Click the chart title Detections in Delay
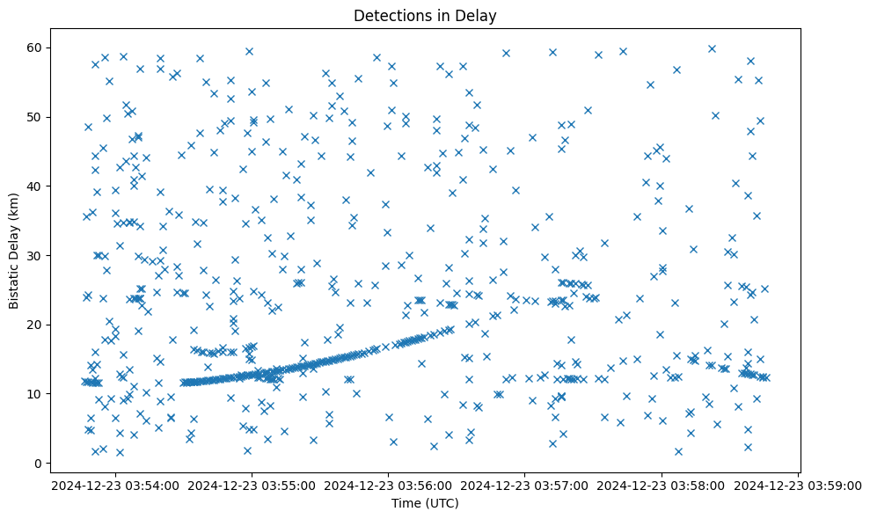point(435,15)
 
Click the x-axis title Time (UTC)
point(425,504)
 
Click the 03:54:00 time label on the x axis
point(115,485)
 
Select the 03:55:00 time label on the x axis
point(252,485)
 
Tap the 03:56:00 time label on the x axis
point(389,485)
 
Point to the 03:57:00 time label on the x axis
point(525,485)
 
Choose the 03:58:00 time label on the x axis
point(662,485)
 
